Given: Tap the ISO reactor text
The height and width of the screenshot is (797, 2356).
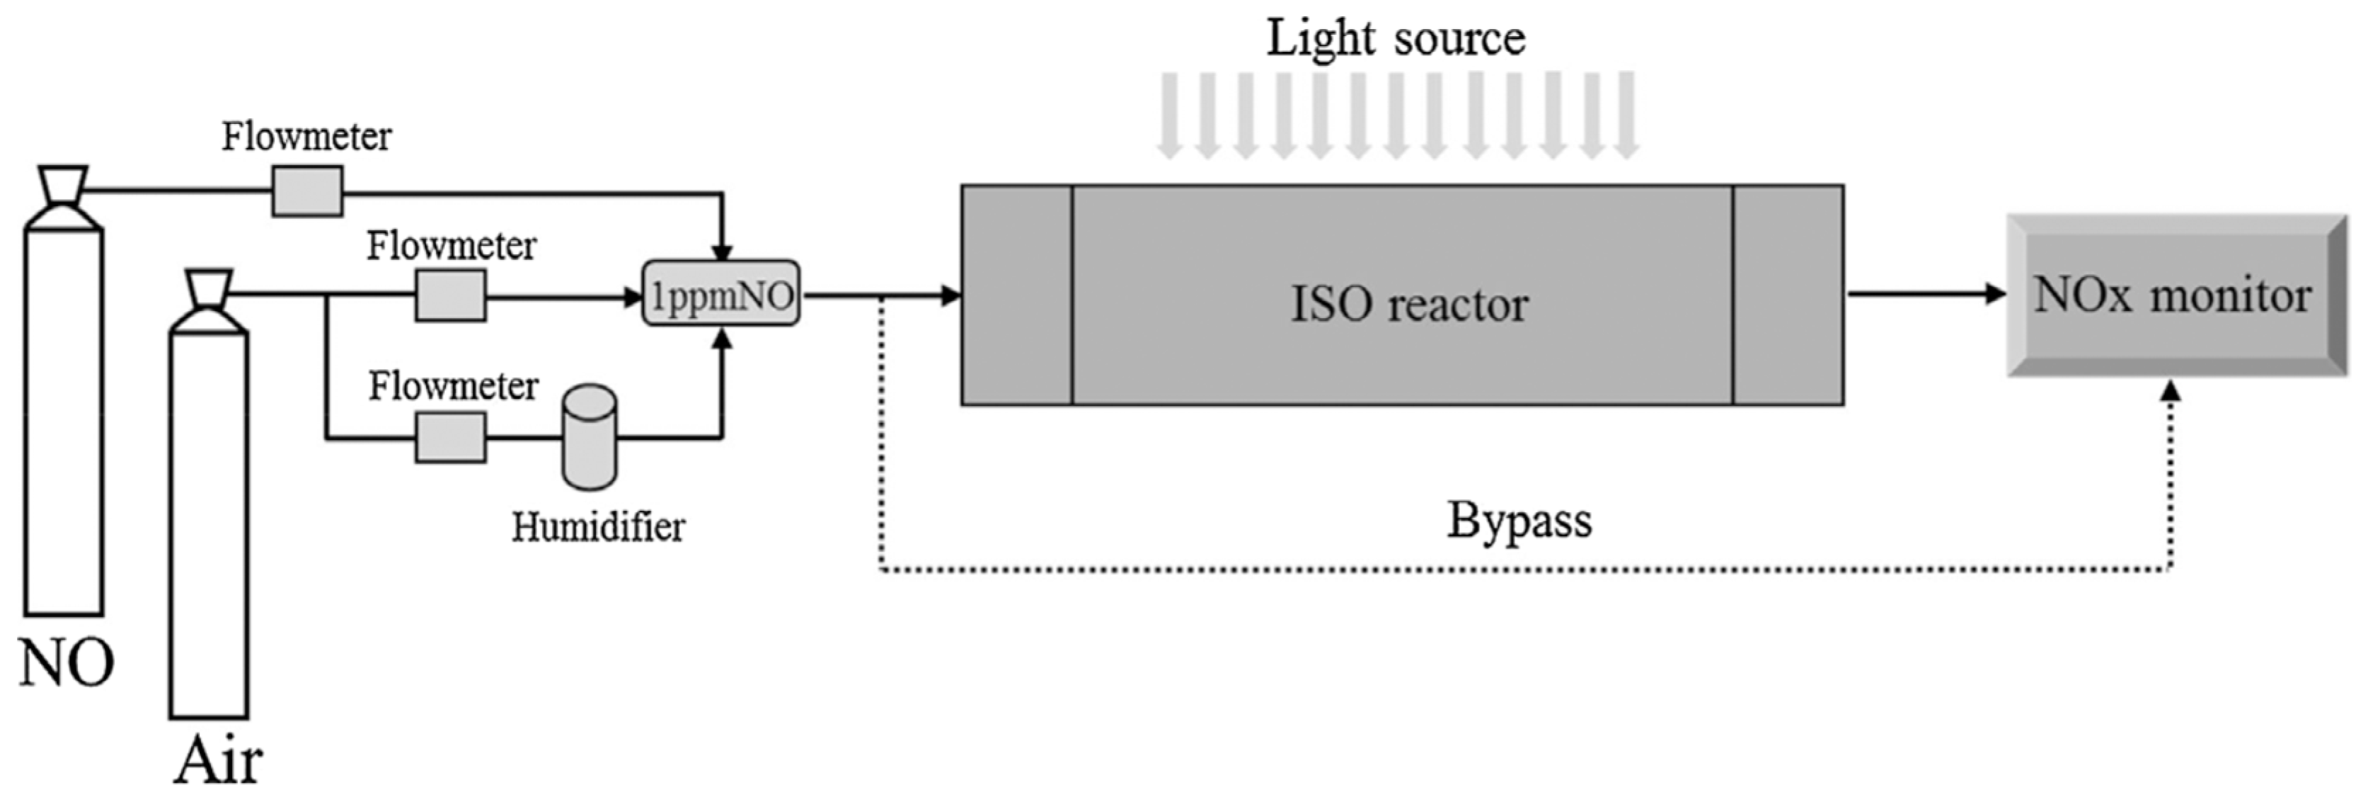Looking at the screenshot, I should [1408, 304].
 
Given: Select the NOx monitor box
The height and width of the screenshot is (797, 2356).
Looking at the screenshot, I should [2176, 295].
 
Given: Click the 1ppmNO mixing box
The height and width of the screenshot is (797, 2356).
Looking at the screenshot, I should [720, 295].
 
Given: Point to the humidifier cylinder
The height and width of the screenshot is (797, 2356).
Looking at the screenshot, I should [589, 437].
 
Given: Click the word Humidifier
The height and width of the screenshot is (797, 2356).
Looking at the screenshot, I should [598, 527].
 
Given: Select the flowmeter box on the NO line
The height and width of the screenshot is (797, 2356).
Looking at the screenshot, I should [307, 191].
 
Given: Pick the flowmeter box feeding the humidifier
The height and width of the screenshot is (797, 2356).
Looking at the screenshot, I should [450, 437].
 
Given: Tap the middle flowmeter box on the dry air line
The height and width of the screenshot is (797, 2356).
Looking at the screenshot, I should [450, 295].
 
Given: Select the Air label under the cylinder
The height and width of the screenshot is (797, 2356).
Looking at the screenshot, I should [218, 760].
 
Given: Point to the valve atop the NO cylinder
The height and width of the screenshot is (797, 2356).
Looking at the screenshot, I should [63, 186].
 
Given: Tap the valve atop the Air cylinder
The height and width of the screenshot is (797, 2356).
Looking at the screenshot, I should [209, 291].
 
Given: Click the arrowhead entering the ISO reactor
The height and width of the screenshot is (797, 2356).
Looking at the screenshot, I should [951, 295].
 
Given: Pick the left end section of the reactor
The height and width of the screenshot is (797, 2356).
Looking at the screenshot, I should [1016, 295].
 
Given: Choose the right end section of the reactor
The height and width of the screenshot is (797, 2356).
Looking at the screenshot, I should [1787, 295].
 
